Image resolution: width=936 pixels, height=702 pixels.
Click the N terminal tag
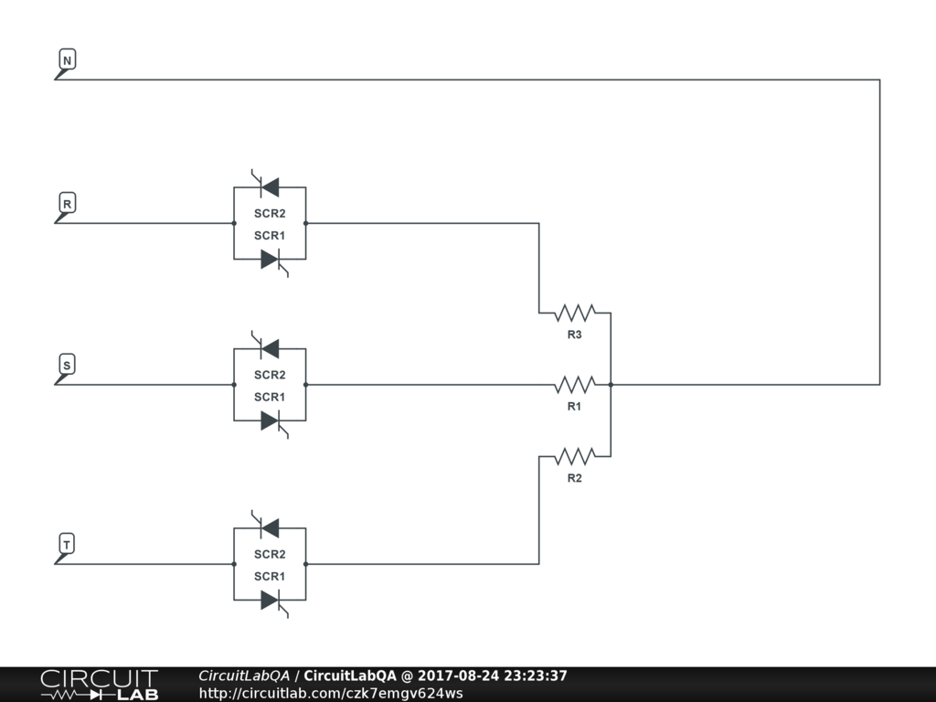click(67, 60)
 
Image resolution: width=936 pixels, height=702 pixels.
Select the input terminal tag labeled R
click(67, 203)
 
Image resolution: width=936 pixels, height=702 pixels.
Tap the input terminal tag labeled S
click(67, 365)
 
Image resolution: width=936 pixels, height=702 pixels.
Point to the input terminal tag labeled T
click(67, 545)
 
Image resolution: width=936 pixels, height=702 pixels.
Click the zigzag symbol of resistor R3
click(574, 314)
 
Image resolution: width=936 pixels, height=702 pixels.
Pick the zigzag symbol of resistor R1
click(574, 384)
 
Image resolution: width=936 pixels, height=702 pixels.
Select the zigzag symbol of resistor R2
click(574, 455)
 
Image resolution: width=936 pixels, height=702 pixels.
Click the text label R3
click(574, 335)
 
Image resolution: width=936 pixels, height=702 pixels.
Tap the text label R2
click(574, 478)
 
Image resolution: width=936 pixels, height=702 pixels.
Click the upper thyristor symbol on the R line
click(269, 186)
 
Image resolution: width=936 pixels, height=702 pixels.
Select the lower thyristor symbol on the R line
click(270, 260)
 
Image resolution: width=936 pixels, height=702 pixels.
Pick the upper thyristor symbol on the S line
click(269, 348)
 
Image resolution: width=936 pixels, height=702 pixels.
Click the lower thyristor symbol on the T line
click(270, 601)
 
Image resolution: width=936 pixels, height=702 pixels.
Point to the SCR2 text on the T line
click(270, 554)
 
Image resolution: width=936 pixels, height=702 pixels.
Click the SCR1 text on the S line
click(270, 397)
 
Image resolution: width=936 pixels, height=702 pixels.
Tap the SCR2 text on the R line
click(270, 213)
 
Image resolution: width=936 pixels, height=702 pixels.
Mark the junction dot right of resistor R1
click(611, 385)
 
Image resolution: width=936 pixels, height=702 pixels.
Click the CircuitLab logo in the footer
click(99, 685)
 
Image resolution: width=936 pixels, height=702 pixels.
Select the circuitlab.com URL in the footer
click(331, 693)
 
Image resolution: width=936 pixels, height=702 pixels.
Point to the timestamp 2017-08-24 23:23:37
click(492, 675)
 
